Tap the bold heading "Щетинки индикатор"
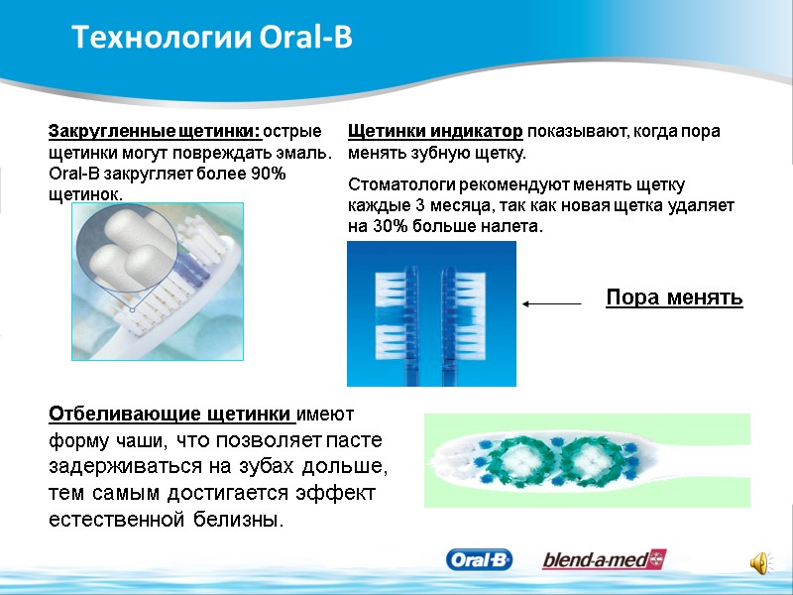[x=435, y=132]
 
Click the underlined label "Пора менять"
[x=674, y=297]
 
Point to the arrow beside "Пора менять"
[x=552, y=304]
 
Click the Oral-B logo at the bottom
[x=480, y=560]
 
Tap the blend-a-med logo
[x=604, y=560]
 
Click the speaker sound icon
[x=761, y=562]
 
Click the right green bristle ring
[x=593, y=459]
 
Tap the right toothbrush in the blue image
[x=452, y=312]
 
